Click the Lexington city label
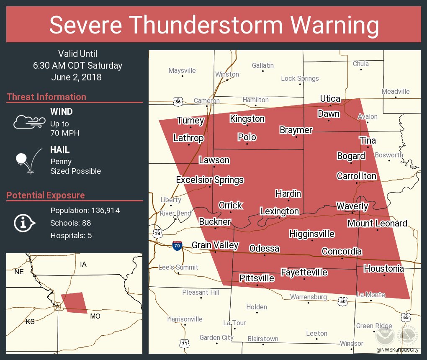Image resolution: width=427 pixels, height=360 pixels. [x=279, y=211]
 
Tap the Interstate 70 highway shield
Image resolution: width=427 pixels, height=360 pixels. [x=177, y=246]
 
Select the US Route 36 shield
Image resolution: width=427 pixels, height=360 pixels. [x=178, y=101]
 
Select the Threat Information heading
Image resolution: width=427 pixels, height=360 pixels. [x=46, y=97]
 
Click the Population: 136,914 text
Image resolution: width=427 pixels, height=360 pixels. [x=85, y=210]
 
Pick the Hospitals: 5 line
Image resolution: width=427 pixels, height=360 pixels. [x=71, y=235]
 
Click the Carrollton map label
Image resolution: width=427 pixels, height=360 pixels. [x=356, y=176]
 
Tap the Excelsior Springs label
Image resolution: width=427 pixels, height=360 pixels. [x=210, y=180]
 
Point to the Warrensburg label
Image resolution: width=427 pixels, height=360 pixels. [x=309, y=297]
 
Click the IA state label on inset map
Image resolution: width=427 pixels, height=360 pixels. [x=83, y=264]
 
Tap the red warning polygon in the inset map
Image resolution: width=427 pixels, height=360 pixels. [x=75, y=303]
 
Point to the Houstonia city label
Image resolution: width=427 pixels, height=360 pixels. [x=383, y=268]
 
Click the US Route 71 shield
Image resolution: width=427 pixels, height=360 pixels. [x=185, y=342]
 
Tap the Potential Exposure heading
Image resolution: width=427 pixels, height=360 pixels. [x=46, y=195]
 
